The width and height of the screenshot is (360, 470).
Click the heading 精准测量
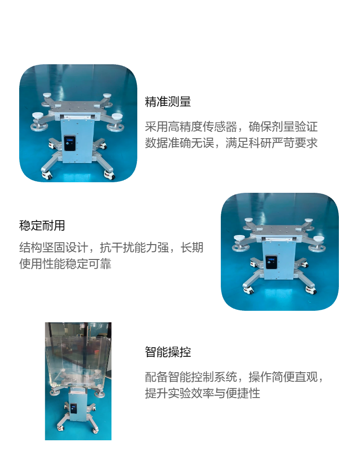tap(168, 102)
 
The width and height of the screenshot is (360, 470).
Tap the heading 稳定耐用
tap(42, 225)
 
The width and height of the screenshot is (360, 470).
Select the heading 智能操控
tap(168, 352)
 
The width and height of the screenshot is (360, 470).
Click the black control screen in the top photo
tap(71, 143)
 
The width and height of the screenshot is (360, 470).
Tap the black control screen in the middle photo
tap(272, 262)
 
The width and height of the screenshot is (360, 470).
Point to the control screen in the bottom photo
tap(73, 408)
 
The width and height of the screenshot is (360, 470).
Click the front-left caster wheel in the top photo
tap(46, 175)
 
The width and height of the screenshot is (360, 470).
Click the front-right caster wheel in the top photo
tap(109, 175)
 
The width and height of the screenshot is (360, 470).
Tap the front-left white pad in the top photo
tap(38, 115)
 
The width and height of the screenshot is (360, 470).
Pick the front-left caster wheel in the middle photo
tap(248, 290)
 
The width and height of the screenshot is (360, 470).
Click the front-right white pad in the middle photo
tap(318, 239)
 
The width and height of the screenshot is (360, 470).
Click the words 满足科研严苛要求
tap(272, 143)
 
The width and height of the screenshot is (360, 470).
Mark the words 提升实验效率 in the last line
tap(180, 393)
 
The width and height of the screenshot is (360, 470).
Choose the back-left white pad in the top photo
tap(47, 95)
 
